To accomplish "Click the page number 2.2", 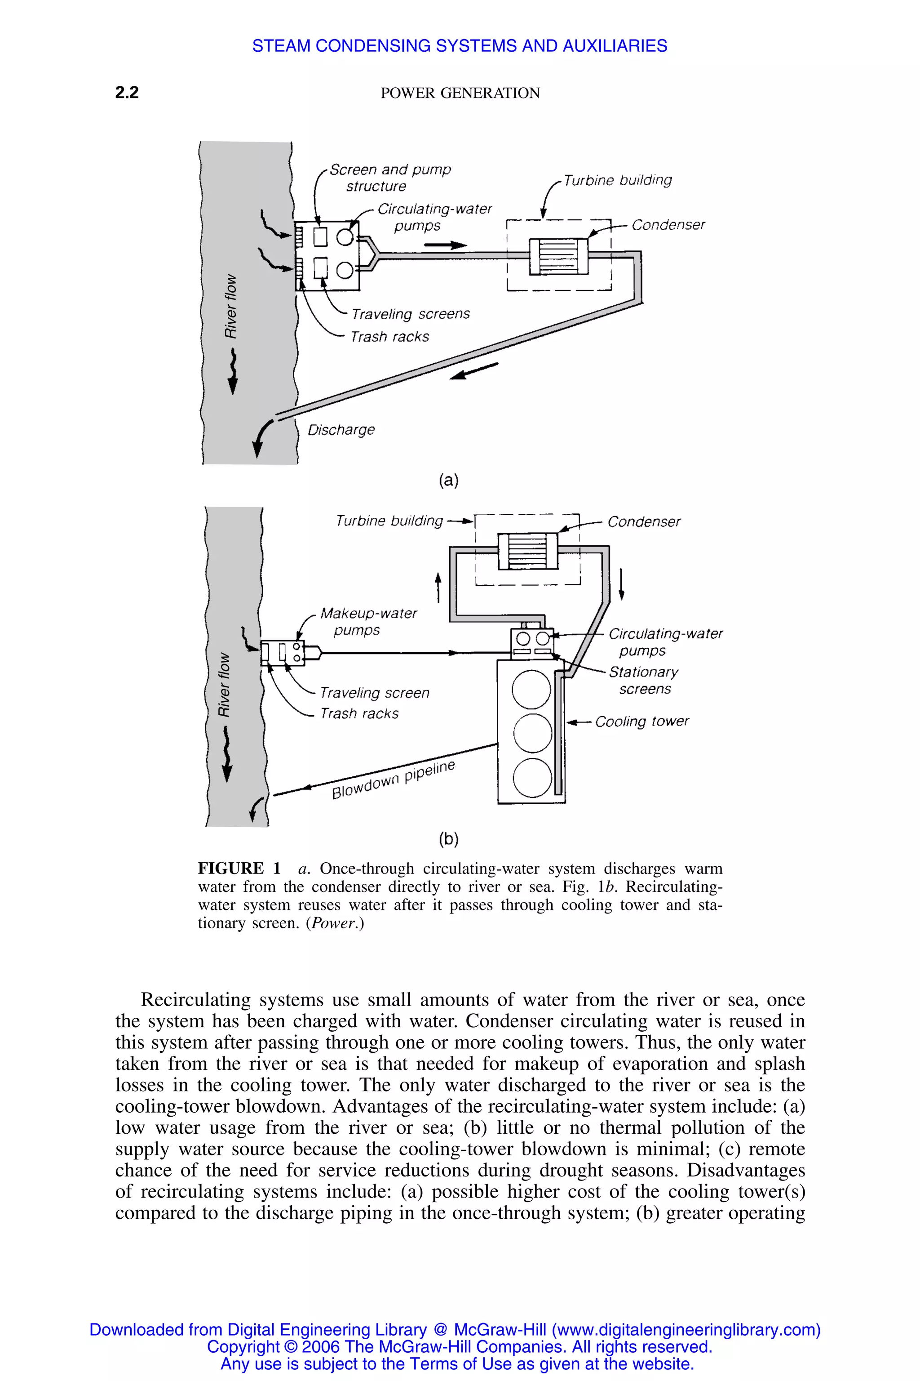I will tap(127, 92).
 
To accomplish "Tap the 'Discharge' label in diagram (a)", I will tap(341, 430).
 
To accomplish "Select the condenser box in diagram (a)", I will tap(558, 256).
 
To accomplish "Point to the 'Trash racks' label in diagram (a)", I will tap(389, 336).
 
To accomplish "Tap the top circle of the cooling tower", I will tap(531, 689).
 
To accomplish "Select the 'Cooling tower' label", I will tap(642, 721).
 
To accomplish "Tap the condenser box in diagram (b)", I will tap(527, 551).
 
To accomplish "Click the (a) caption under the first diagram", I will tap(448, 480).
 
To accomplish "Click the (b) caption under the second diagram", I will tap(448, 838).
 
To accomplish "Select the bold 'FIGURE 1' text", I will tap(239, 869).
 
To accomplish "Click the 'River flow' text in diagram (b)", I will tap(224, 685).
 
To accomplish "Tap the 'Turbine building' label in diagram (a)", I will tap(618, 180).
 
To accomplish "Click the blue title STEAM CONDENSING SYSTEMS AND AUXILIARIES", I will tap(460, 46).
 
